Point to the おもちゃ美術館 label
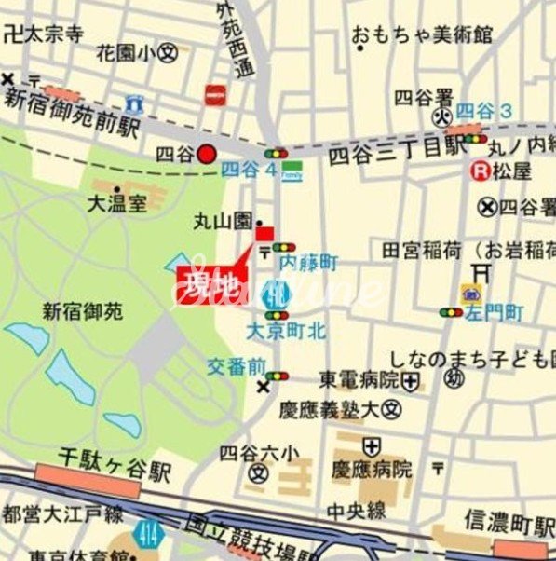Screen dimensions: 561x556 [421, 35]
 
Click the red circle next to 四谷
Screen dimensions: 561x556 [207, 155]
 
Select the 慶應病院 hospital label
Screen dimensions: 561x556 [372, 469]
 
